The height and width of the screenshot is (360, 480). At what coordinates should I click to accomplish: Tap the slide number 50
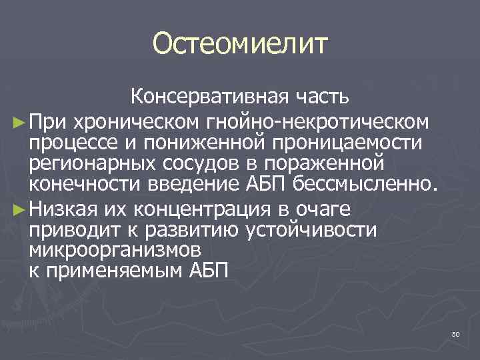[455, 334]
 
